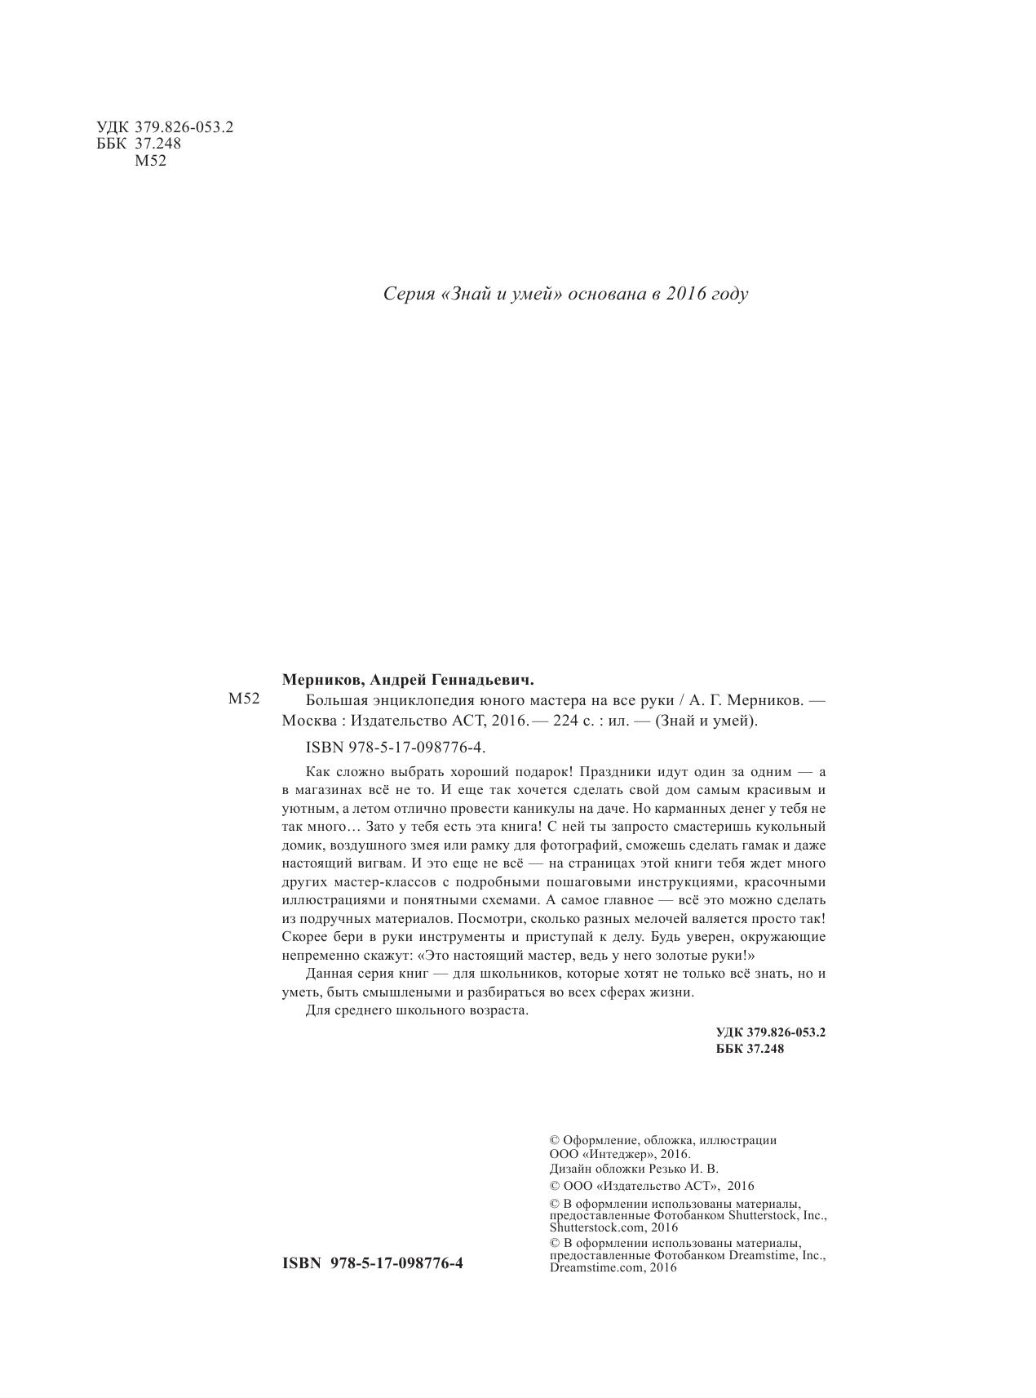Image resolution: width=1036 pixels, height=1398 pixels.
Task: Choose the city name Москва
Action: [306, 721]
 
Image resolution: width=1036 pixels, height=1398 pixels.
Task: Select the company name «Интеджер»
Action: [613, 1154]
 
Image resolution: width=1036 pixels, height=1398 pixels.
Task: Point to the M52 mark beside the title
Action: [243, 699]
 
